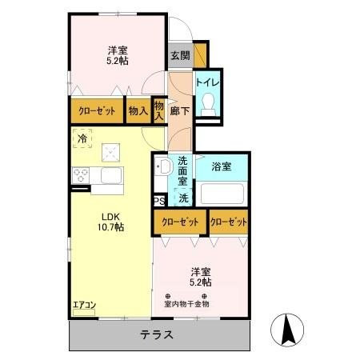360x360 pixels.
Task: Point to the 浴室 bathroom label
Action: point(222,167)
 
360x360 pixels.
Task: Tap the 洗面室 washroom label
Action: point(183,170)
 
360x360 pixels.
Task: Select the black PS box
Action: point(159,201)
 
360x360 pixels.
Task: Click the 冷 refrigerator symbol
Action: point(82,138)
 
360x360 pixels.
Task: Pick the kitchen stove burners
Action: point(82,174)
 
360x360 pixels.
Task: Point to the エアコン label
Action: point(84,304)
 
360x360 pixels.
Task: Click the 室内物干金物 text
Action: point(186,303)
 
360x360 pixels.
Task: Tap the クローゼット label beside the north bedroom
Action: point(97,111)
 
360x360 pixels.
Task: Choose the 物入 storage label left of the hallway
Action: point(138,111)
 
